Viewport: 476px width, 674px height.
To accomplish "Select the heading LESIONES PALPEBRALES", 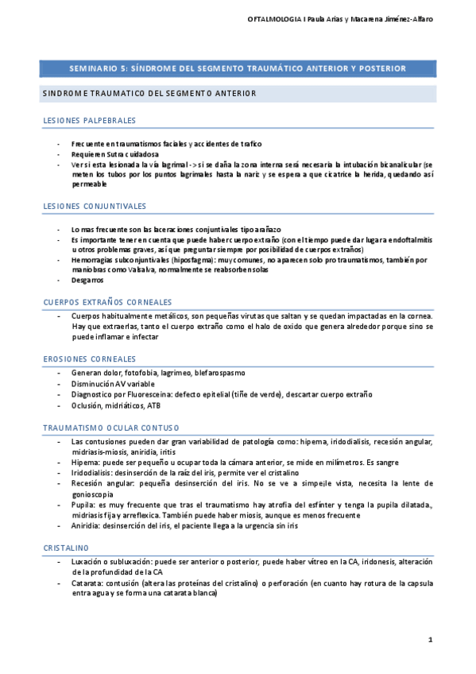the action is (89, 121).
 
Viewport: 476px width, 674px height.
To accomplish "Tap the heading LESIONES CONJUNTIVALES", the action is (95, 207).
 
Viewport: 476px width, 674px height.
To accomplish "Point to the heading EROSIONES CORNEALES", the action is (89, 359).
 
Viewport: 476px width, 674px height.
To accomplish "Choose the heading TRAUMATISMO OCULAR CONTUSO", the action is (111, 428).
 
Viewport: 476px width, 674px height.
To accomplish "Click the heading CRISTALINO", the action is (66, 548).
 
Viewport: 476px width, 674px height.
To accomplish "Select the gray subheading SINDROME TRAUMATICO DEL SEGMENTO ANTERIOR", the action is (149, 93).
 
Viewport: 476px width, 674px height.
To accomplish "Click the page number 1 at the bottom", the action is (430, 640).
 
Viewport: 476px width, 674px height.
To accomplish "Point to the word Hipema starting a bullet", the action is (84, 462).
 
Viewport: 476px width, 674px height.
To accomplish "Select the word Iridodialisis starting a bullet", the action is (93, 472).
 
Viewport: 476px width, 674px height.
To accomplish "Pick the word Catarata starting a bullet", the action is (87, 583).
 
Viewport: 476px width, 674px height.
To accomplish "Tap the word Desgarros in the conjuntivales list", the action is (87, 280).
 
